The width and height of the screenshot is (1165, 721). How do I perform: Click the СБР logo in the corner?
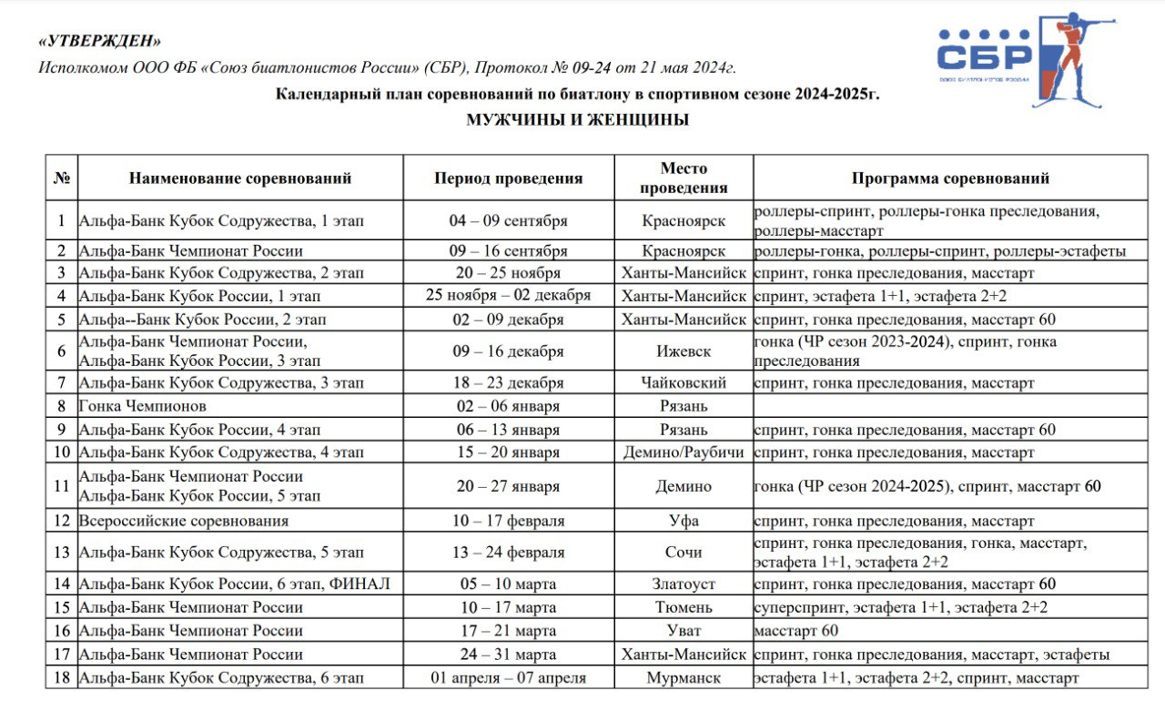coord(1018,58)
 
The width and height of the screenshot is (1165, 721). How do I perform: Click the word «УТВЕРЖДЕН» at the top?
coord(101,42)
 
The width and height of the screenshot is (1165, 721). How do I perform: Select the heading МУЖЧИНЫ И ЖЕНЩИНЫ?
coord(578,120)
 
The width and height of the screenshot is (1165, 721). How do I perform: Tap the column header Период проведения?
coord(508,178)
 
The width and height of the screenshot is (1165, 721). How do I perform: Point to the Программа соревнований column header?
coord(950,178)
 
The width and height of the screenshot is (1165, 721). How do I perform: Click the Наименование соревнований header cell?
coord(240,178)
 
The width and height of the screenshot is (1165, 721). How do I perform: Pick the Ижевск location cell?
coord(684,351)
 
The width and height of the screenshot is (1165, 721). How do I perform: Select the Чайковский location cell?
coord(684,383)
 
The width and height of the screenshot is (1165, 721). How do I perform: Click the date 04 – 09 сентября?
coord(508,221)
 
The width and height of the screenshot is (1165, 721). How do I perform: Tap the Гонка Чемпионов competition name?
coord(143,406)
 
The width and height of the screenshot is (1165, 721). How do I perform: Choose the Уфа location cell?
coord(684,521)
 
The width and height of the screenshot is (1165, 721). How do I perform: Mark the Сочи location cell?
coord(684,553)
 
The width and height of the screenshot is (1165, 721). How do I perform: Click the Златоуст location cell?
coord(684,584)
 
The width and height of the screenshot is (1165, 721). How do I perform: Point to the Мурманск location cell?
coord(684,677)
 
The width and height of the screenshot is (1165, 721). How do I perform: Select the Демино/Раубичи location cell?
coord(684,452)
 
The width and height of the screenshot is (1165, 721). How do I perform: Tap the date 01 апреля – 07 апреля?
coord(508,677)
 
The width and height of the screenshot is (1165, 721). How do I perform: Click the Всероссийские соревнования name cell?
coord(184,521)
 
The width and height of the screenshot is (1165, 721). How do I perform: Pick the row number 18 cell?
coord(61,677)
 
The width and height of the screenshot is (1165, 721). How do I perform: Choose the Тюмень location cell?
coord(684,607)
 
